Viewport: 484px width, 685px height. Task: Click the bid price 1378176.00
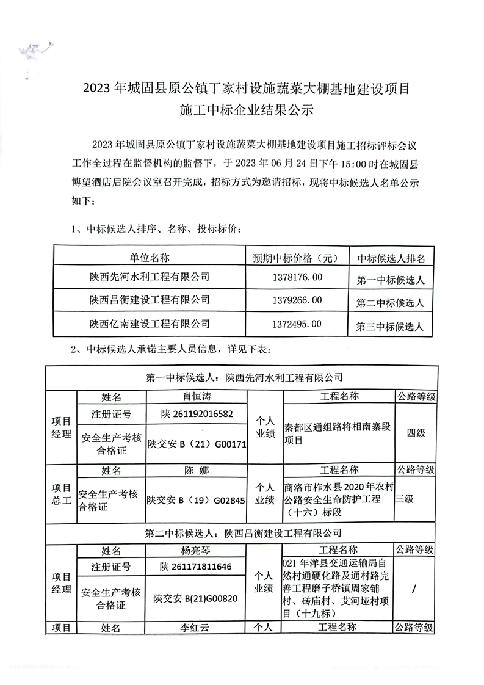[x=296, y=278]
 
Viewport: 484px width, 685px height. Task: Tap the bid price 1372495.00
[x=296, y=323]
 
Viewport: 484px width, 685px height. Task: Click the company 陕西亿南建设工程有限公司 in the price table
[x=150, y=323]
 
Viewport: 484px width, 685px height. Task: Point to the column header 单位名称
[x=150, y=256]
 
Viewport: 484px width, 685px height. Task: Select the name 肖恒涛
[x=197, y=396]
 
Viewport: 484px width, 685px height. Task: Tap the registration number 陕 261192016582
[x=197, y=414]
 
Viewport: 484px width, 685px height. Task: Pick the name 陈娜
[x=196, y=471]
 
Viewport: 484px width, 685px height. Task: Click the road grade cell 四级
[x=416, y=433]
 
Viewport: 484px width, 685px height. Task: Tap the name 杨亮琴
[x=196, y=550]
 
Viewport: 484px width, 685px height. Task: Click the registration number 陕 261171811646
[x=196, y=567]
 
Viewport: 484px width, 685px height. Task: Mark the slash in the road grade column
[x=415, y=589]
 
